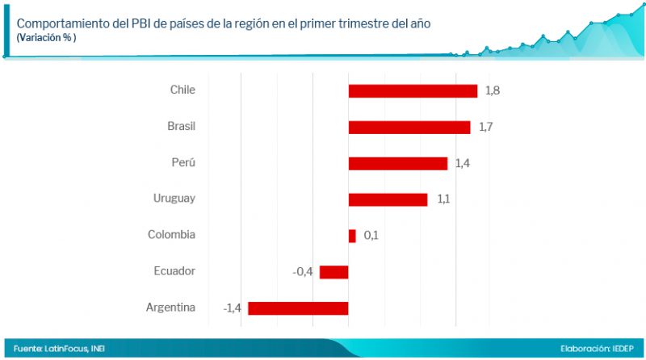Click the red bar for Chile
click(413, 90)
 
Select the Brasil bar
click(409, 127)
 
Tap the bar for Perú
click(397, 163)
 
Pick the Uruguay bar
click(388, 199)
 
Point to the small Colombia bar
click(352, 236)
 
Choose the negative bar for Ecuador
click(333, 272)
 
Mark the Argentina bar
click(298, 308)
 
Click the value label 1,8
click(492, 90)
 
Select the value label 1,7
click(484, 127)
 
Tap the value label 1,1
click(443, 199)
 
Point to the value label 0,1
click(371, 236)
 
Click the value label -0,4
click(303, 272)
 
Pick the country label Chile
click(182, 90)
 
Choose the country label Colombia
click(171, 235)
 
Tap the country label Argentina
click(170, 308)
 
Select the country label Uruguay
click(174, 199)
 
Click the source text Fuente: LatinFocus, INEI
click(59, 349)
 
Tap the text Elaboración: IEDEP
click(596, 349)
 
